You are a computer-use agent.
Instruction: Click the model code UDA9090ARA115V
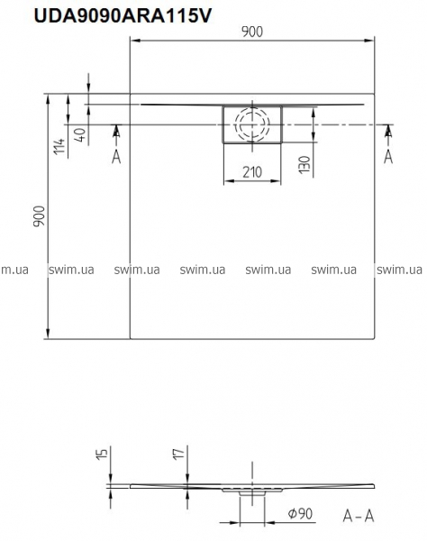click(x=123, y=15)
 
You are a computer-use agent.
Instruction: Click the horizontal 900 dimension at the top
click(x=252, y=32)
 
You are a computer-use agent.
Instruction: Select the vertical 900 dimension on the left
click(x=39, y=216)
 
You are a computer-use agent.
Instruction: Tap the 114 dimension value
click(x=59, y=146)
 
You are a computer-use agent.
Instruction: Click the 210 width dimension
click(x=252, y=172)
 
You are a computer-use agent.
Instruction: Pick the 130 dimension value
click(x=304, y=165)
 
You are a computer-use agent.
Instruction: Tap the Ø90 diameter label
click(x=300, y=513)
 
